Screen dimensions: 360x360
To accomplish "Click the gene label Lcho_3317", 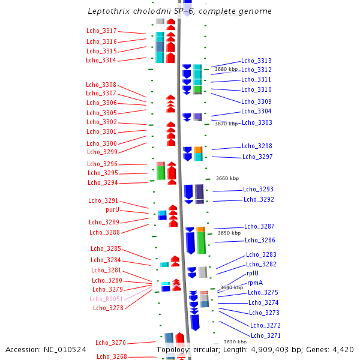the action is [x=101, y=31].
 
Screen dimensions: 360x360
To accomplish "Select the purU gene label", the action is [x=113, y=209].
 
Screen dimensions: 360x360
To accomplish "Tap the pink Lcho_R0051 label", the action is [x=106, y=299].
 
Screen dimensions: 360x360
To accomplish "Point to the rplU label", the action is [x=253, y=273].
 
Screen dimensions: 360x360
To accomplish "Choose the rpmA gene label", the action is [x=255, y=283].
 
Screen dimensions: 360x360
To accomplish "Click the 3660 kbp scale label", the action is [x=227, y=178].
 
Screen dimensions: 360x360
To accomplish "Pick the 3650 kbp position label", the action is [x=229, y=233].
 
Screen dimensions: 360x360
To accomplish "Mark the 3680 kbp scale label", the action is [x=226, y=69].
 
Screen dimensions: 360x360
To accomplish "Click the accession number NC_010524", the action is [x=65, y=350].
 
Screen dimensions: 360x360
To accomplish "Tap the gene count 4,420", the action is [x=343, y=350].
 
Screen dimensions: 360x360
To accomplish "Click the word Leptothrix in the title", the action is [x=109, y=11].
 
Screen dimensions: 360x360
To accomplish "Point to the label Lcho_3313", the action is [x=256, y=61].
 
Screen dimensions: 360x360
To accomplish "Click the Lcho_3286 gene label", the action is [x=260, y=240].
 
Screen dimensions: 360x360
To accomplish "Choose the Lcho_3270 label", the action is [x=110, y=343].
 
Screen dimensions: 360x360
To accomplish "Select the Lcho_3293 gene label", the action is [x=258, y=189].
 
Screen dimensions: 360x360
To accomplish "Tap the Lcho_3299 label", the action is [x=102, y=152].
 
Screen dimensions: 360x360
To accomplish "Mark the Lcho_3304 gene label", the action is [x=256, y=112].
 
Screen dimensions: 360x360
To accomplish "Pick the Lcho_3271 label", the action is [x=266, y=335].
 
